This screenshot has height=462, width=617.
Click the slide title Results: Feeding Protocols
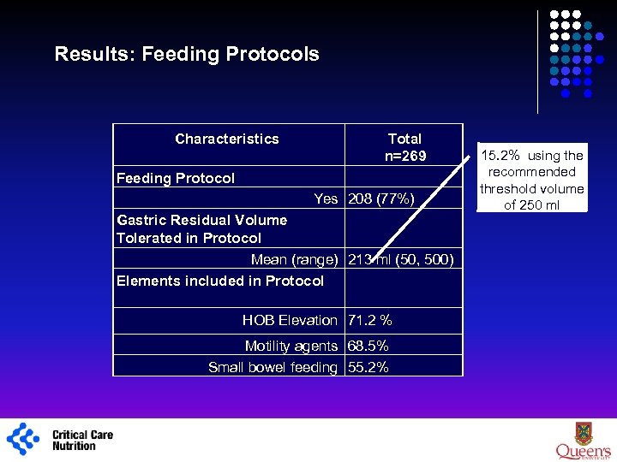click(x=186, y=54)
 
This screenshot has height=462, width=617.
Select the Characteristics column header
click(x=226, y=139)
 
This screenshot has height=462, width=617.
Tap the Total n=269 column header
click(x=404, y=147)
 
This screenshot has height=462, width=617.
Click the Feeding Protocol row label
click(x=175, y=178)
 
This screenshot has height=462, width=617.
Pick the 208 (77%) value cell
click(x=380, y=198)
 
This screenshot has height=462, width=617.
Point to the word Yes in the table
click(x=326, y=198)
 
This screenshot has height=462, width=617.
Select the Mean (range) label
click(x=294, y=259)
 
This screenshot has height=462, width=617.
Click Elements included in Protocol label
click(x=220, y=281)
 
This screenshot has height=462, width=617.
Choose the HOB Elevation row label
click(x=290, y=320)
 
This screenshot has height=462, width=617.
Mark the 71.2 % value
click(x=369, y=320)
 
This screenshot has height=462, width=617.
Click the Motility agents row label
click(x=291, y=346)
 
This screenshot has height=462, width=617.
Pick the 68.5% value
click(x=368, y=346)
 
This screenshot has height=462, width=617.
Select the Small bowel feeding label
click(x=273, y=367)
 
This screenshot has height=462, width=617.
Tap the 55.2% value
click(x=368, y=367)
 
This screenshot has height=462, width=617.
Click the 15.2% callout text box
click(x=531, y=180)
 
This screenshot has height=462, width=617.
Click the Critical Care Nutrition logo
click(x=60, y=440)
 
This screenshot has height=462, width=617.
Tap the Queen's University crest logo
click(x=582, y=438)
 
